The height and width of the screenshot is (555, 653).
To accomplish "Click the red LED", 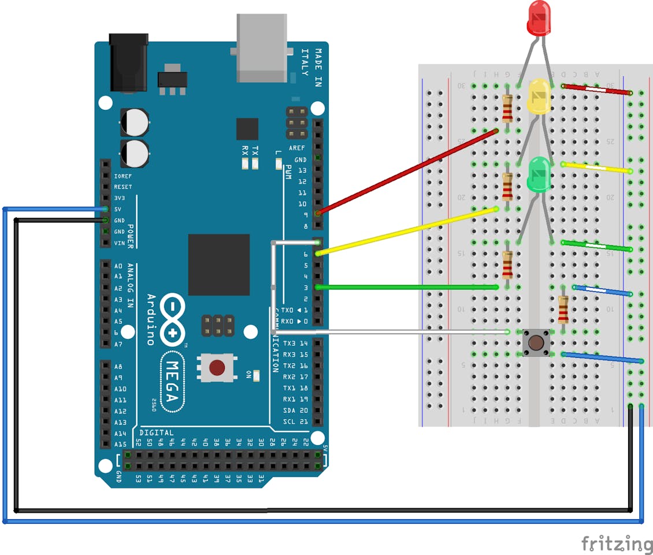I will pyautogui.click(x=539, y=18).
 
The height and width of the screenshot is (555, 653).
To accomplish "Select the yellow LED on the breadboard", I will pyautogui.click(x=539, y=97).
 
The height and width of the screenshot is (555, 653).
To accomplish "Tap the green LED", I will pyautogui.click(x=539, y=175).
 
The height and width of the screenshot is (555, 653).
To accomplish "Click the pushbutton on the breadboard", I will pyautogui.click(x=535, y=343).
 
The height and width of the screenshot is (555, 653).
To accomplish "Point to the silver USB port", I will pyautogui.click(x=261, y=49).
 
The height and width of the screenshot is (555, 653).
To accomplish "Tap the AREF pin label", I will pyautogui.click(x=297, y=149).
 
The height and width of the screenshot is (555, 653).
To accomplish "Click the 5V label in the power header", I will pyautogui.click(x=119, y=209).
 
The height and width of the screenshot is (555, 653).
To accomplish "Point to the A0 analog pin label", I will pyautogui.click(x=118, y=267).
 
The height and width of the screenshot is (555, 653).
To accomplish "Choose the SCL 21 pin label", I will pyautogui.click(x=295, y=422).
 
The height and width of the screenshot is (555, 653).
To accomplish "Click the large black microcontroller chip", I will pyautogui.click(x=218, y=265).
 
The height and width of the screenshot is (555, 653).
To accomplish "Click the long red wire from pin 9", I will pyautogui.click(x=407, y=172).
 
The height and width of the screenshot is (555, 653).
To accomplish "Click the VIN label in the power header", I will pyautogui.click(x=119, y=243).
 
